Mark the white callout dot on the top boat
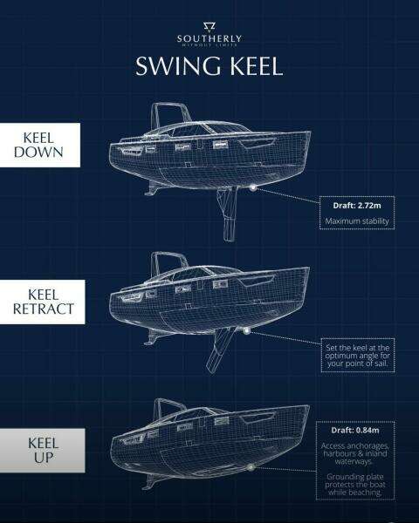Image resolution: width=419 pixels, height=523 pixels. tap(252, 187)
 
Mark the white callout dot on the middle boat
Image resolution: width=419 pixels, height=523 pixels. tap(249, 330)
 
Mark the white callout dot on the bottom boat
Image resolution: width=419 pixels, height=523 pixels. tap(251, 469)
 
